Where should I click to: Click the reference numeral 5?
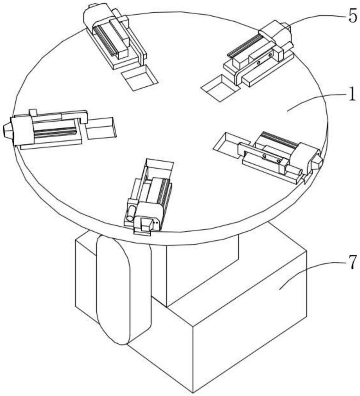click(353, 16)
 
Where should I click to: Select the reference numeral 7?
click(353, 262)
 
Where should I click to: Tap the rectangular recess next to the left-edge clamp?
click(101, 128)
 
